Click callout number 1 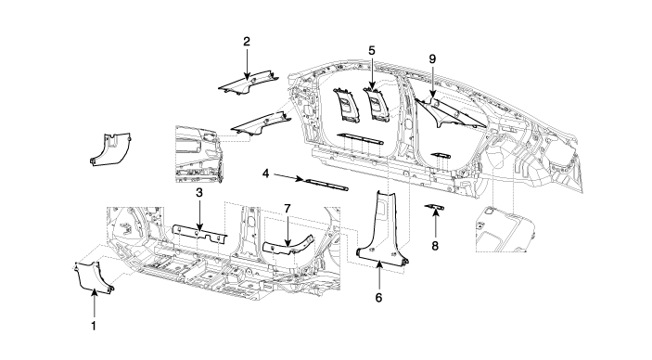tap(94, 326)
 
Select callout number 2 tap(247, 41)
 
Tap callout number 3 tap(199, 193)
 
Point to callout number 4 tap(265, 174)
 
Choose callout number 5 tap(372, 50)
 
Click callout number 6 tap(378, 298)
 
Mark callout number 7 tap(287, 208)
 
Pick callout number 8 tap(435, 246)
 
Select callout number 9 tap(432, 59)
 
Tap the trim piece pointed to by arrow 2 tap(249, 84)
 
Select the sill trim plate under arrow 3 tap(199, 234)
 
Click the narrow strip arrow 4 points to tap(326, 185)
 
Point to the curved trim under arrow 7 tap(288, 247)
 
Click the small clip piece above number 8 tap(435, 206)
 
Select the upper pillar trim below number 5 tap(377, 104)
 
